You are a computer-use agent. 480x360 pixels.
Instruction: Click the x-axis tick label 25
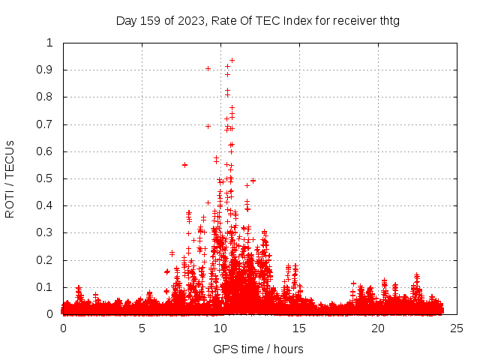click(x=457, y=328)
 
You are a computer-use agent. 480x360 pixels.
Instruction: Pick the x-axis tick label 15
click(x=299, y=328)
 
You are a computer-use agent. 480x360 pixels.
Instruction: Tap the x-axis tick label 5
click(x=142, y=328)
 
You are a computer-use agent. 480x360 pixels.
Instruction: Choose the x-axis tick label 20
click(x=379, y=328)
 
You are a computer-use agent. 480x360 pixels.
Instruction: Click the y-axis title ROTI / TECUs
click(x=10, y=178)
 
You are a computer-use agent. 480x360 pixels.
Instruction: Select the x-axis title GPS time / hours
click(x=258, y=349)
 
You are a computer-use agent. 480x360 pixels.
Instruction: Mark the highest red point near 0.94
click(x=232, y=60)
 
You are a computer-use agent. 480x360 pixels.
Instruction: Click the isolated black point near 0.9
click(x=208, y=68)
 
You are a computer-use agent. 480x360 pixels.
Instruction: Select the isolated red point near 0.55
click(x=184, y=164)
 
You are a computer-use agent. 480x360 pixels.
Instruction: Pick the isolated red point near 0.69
click(x=208, y=126)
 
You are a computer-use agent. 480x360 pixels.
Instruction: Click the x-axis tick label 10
click(x=220, y=328)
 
